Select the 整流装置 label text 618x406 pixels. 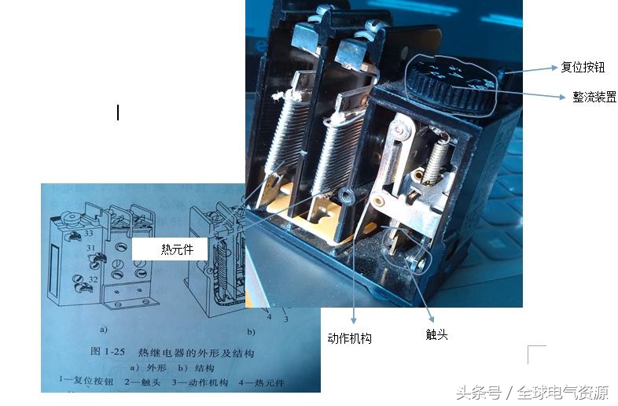(x=594, y=97)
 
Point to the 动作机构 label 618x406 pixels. (x=349, y=338)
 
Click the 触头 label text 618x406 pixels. (x=436, y=334)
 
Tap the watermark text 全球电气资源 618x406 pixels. (x=562, y=392)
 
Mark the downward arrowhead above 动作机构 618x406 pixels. (x=355, y=319)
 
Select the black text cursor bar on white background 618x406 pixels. (x=118, y=113)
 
